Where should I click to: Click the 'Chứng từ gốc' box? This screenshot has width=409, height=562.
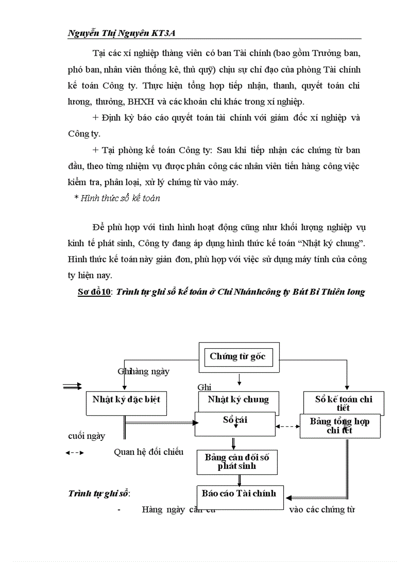pos(238,357)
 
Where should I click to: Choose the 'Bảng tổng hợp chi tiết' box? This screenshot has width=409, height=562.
pos(339,426)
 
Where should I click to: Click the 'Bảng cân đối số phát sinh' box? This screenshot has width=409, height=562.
pos(237,462)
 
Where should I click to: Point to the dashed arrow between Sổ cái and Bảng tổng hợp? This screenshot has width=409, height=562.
pos(288,427)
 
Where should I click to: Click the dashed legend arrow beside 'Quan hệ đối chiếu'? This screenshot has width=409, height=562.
pos(75,452)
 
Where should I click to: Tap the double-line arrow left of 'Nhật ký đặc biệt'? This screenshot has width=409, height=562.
pos(73,386)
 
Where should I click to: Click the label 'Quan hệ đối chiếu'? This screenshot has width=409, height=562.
pos(142,452)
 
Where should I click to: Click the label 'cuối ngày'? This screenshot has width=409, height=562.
pos(86,436)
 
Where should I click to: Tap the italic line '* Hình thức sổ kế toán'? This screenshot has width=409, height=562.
pos(117,198)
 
